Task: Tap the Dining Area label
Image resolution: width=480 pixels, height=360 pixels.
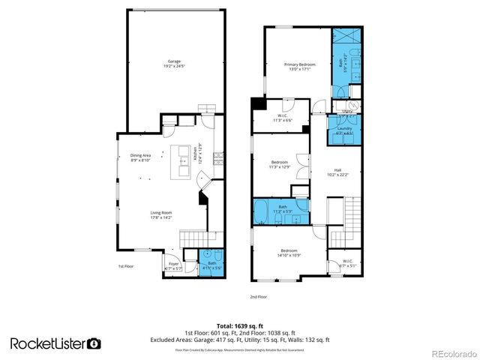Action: pyautogui.click(x=140, y=157)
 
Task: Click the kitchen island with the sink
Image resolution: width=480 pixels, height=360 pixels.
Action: pyautogui.click(x=182, y=160)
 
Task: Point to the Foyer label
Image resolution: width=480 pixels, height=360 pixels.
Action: pyautogui.click(x=173, y=265)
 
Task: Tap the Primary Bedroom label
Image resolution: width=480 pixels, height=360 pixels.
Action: pyautogui.click(x=298, y=67)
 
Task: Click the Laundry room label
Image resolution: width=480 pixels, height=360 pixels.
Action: pyautogui.click(x=344, y=130)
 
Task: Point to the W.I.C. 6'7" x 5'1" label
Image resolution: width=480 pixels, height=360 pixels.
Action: pyautogui.click(x=348, y=263)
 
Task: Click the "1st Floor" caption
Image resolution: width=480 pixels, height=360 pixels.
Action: pyautogui.click(x=126, y=266)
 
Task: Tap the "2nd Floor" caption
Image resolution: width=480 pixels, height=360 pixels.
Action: pyautogui.click(x=259, y=297)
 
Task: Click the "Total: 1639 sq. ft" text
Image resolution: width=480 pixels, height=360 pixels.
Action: pyautogui.click(x=240, y=325)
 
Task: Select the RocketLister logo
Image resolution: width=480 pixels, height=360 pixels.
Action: pyautogui.click(x=55, y=343)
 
